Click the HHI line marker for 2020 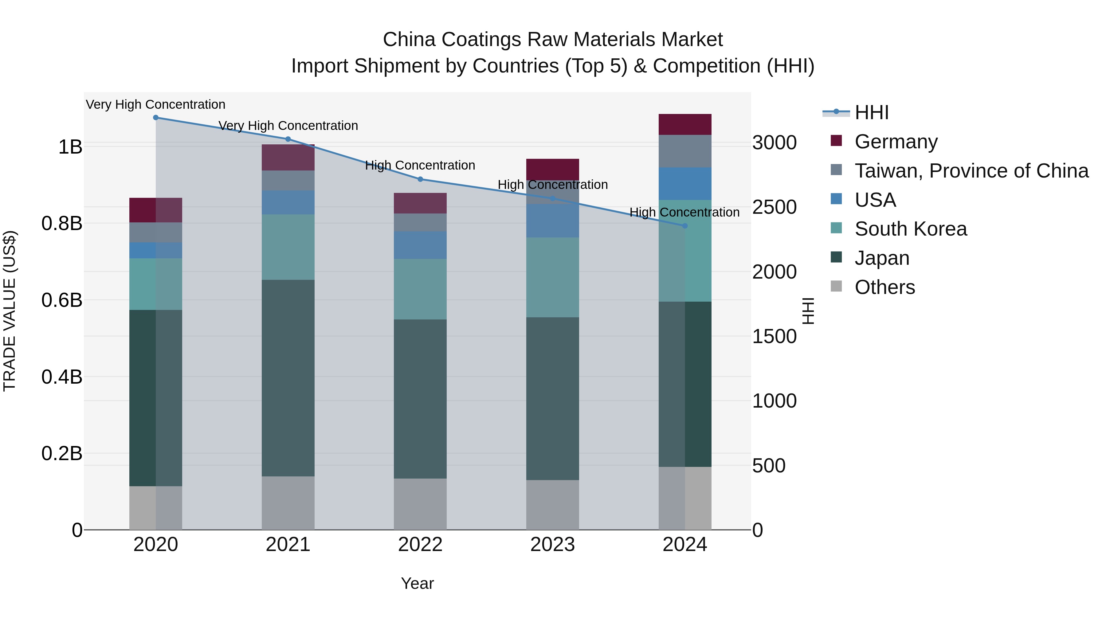pyautogui.click(x=156, y=118)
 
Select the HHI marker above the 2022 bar pyautogui.click(x=420, y=179)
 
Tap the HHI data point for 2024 pyautogui.click(x=685, y=226)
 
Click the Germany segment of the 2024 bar pyautogui.click(x=685, y=124)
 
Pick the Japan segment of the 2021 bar pyautogui.click(x=288, y=378)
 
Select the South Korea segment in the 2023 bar pyautogui.click(x=553, y=277)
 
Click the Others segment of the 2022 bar pyautogui.click(x=420, y=504)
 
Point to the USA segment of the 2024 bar pyautogui.click(x=685, y=184)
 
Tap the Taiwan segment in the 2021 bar pyautogui.click(x=288, y=181)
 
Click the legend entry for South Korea pyautogui.click(x=910, y=229)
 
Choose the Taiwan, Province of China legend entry pyautogui.click(x=971, y=171)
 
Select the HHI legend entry pyautogui.click(x=872, y=112)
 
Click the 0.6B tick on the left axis pyautogui.click(x=62, y=300)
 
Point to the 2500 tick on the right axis pyautogui.click(x=774, y=207)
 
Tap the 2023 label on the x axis pyautogui.click(x=553, y=545)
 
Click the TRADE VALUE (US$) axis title pyautogui.click(x=10, y=311)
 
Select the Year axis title pyautogui.click(x=417, y=583)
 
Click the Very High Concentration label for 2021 pyautogui.click(x=288, y=126)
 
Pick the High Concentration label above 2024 pyautogui.click(x=684, y=213)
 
